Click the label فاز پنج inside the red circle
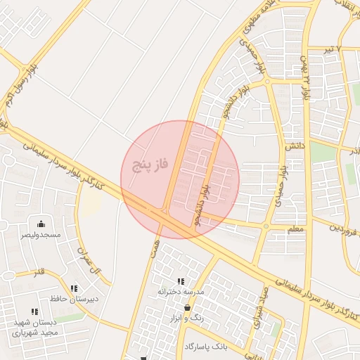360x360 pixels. (150, 166)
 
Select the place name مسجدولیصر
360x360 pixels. (41, 234)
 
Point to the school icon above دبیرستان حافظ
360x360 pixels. (74, 288)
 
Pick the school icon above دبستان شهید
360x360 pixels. (34, 311)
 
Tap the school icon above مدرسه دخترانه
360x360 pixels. (181, 281)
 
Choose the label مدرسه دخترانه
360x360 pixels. (180, 291)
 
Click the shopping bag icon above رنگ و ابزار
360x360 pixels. (186, 308)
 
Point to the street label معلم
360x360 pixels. (296, 229)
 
